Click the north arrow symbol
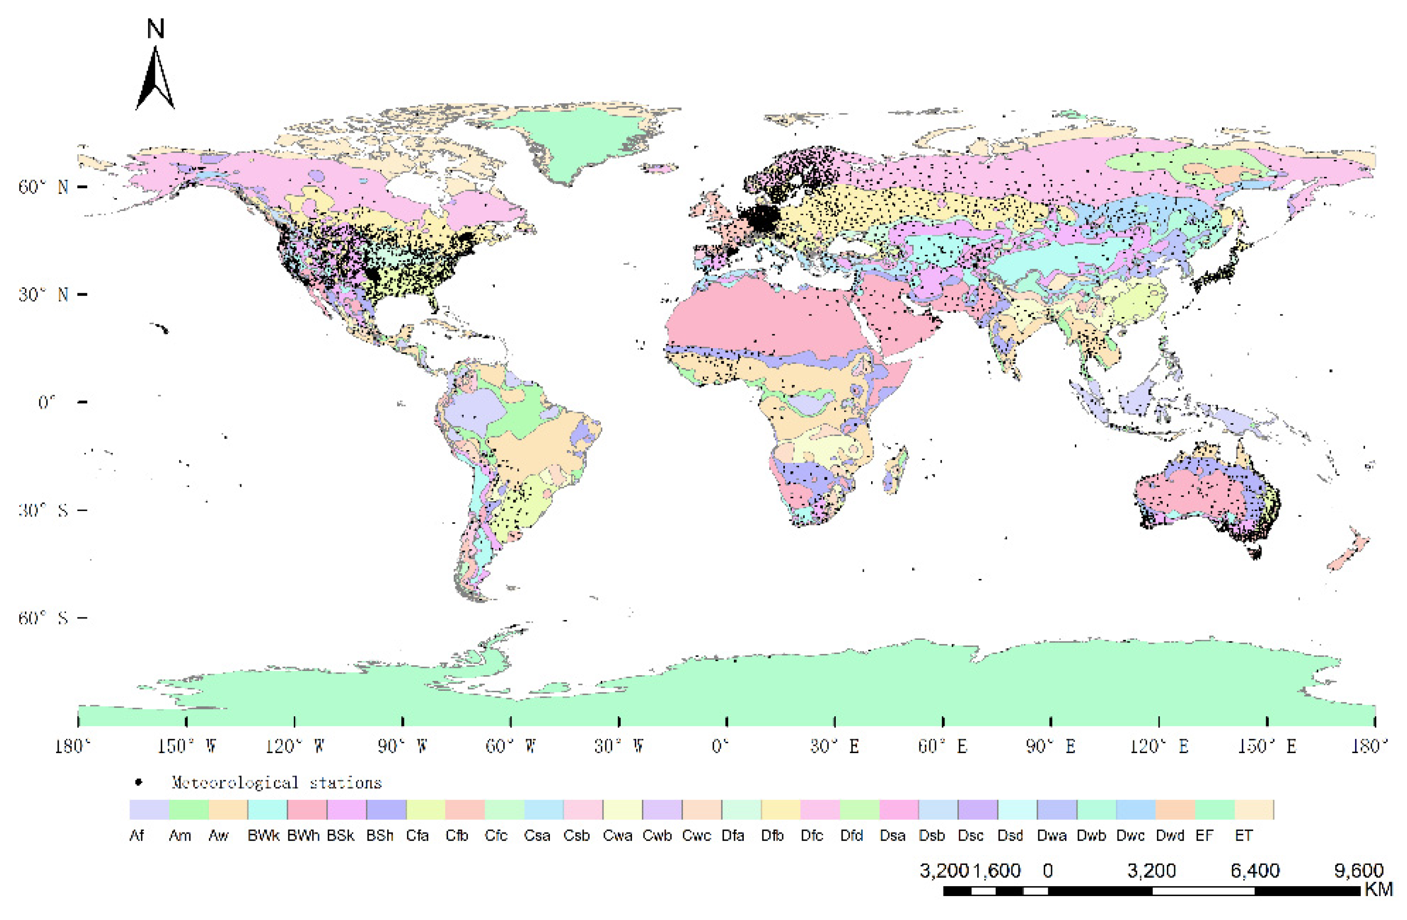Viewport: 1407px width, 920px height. point(155,80)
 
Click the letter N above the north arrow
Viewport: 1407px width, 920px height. point(155,29)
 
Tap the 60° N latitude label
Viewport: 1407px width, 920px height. point(43,187)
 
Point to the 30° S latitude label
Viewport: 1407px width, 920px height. point(43,510)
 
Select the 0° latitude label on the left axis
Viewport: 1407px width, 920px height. point(47,403)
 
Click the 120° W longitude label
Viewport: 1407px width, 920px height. point(294,746)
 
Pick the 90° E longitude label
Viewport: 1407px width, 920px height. point(1050,746)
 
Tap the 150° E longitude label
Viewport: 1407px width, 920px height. point(1267,746)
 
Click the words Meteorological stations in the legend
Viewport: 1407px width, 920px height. point(277,783)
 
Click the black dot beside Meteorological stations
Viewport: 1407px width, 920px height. point(138,783)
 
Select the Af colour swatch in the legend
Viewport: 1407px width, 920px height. point(149,810)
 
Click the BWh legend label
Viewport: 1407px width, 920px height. point(303,835)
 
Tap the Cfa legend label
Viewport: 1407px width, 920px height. point(417,835)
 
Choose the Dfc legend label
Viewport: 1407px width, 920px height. point(812,835)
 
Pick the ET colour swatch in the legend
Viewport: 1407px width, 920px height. point(1254,810)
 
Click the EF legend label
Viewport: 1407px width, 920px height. point(1204,835)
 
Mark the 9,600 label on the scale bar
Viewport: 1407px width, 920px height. point(1359,871)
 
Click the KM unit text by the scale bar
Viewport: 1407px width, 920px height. point(1378,890)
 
